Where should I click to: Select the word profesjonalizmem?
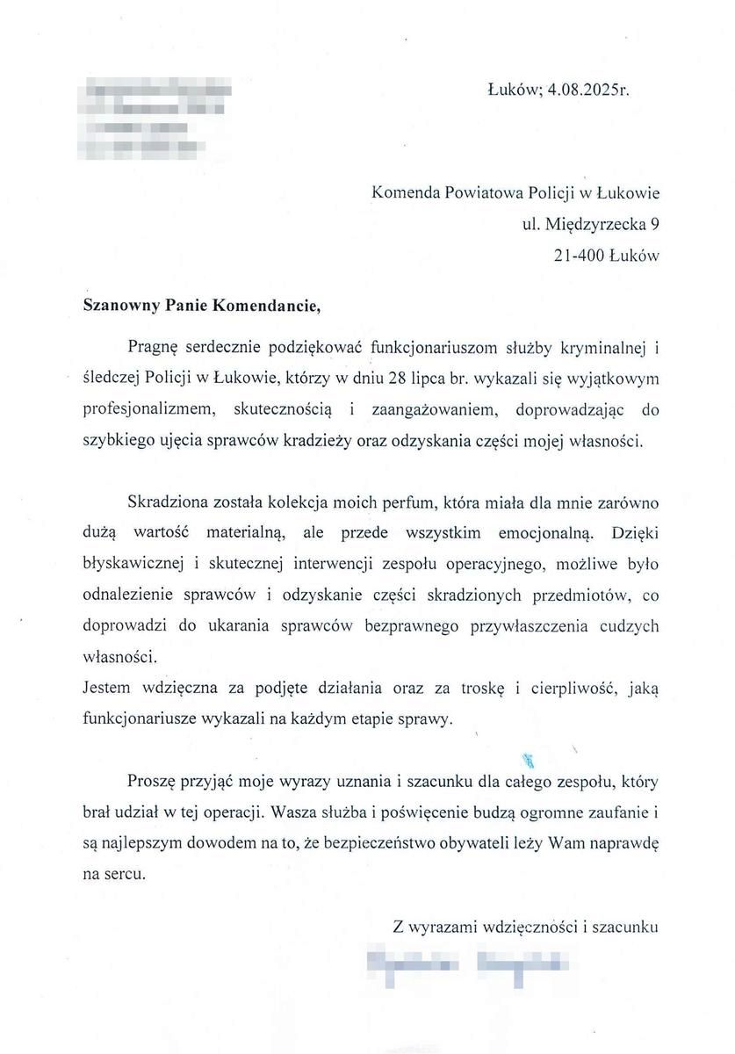point(151,408)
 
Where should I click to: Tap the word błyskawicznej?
point(127,564)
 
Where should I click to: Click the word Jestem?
point(106,689)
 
